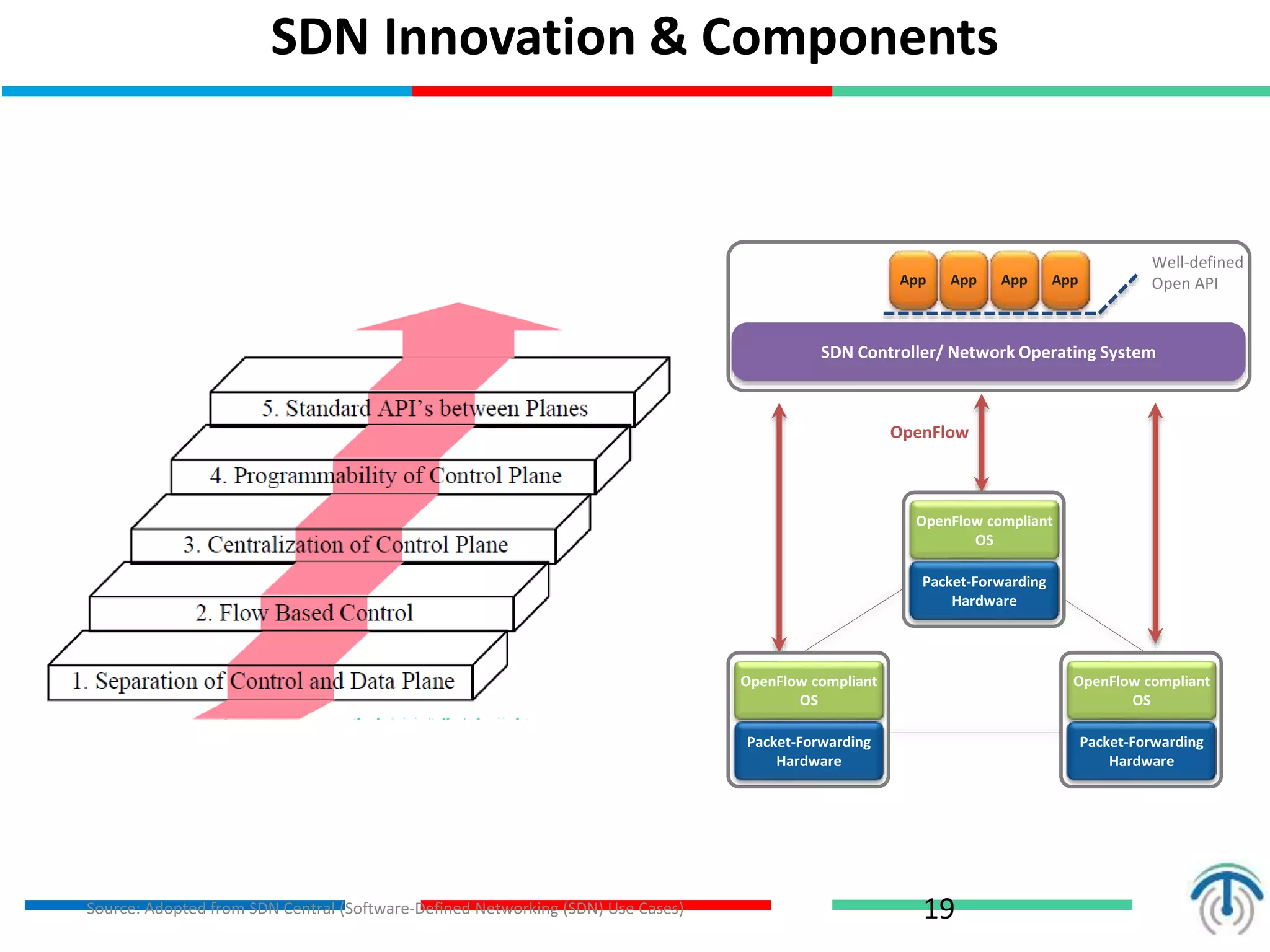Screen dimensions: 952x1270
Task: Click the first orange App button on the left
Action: coord(912,280)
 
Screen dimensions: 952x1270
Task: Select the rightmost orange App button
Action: coord(1065,280)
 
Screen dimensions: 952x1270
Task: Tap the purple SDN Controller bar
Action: coord(988,352)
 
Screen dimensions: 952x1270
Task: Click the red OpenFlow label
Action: coord(929,432)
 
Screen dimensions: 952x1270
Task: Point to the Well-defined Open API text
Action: coord(1196,273)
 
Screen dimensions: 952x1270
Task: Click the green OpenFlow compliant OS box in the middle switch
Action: coord(984,530)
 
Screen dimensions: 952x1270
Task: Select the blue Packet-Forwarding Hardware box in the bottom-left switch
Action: coord(809,751)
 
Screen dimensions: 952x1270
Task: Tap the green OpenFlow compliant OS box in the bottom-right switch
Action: coord(1141,690)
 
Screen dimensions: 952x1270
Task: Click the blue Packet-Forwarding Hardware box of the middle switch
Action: coord(984,591)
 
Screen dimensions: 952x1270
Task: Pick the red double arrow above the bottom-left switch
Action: coord(779,527)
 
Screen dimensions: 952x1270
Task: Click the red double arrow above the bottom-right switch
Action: coord(1155,524)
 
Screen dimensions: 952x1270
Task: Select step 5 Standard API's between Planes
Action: coord(424,408)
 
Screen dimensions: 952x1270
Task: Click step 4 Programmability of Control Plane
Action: coord(385,476)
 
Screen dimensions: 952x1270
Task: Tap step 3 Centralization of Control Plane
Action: coord(345,545)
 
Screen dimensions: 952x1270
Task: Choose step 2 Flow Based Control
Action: coord(304,613)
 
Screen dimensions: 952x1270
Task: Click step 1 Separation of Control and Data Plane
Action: coord(263,681)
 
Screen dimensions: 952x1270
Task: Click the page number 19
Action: coord(938,909)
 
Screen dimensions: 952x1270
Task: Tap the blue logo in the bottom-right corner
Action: coord(1225,899)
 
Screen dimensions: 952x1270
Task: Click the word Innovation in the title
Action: coord(510,37)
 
